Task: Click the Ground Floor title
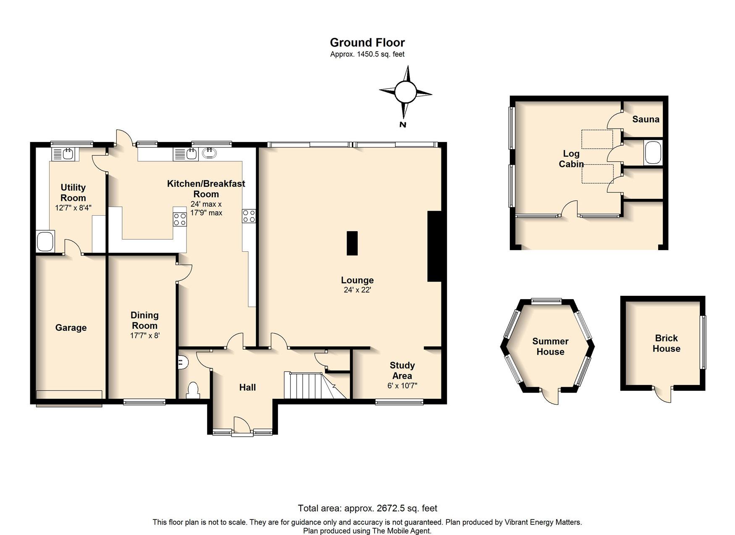367,42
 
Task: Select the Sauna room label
646,119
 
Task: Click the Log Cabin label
571,159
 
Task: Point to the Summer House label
550,346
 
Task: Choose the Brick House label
666,343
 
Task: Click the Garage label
71,327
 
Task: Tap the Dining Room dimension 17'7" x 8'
145,335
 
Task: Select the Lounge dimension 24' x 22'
357,290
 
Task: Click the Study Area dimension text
402,385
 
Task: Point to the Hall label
247,387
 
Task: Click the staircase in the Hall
315,385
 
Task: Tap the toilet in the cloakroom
193,390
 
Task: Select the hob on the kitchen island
180,219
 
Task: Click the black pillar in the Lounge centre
352,243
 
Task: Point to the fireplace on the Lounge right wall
434,246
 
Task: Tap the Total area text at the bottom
367,508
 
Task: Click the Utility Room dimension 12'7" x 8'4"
73,208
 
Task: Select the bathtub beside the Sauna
653,153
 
